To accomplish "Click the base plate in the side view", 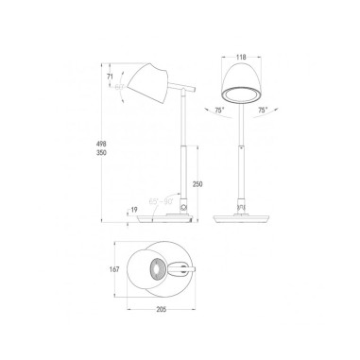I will pos(165,219).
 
